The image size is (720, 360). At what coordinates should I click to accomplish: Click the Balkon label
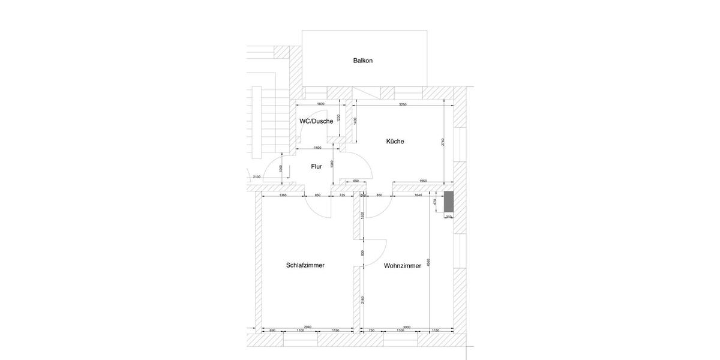coord(363,61)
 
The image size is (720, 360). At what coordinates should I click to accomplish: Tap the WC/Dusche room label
coord(316,121)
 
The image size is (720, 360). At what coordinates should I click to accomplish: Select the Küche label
coord(395,142)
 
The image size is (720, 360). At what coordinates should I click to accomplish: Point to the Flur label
coord(316,167)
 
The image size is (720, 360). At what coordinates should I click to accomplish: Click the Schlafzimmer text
coord(305,265)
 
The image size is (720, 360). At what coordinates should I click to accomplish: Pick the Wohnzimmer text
coord(403,266)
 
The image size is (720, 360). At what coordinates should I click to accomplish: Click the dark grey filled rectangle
coord(448,202)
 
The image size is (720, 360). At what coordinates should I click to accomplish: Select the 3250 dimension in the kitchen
coord(403,104)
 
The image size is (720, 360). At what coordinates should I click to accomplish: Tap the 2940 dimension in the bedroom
coord(308,327)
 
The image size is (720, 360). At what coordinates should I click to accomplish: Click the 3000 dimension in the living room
coord(407,327)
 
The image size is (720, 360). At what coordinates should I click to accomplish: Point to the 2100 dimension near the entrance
coord(256,177)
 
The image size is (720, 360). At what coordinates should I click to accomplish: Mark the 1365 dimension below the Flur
coord(283,195)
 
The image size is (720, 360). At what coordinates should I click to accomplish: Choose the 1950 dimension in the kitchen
coord(422,181)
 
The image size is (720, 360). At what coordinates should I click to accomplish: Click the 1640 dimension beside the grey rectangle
coord(418,195)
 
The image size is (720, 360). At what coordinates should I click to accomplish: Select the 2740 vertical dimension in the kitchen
coord(443,142)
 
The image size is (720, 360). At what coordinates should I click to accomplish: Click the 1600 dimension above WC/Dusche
coord(320,104)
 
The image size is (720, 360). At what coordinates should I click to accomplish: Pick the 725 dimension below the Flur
coord(342,195)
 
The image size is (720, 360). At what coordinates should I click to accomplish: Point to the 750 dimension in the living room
coord(371,331)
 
